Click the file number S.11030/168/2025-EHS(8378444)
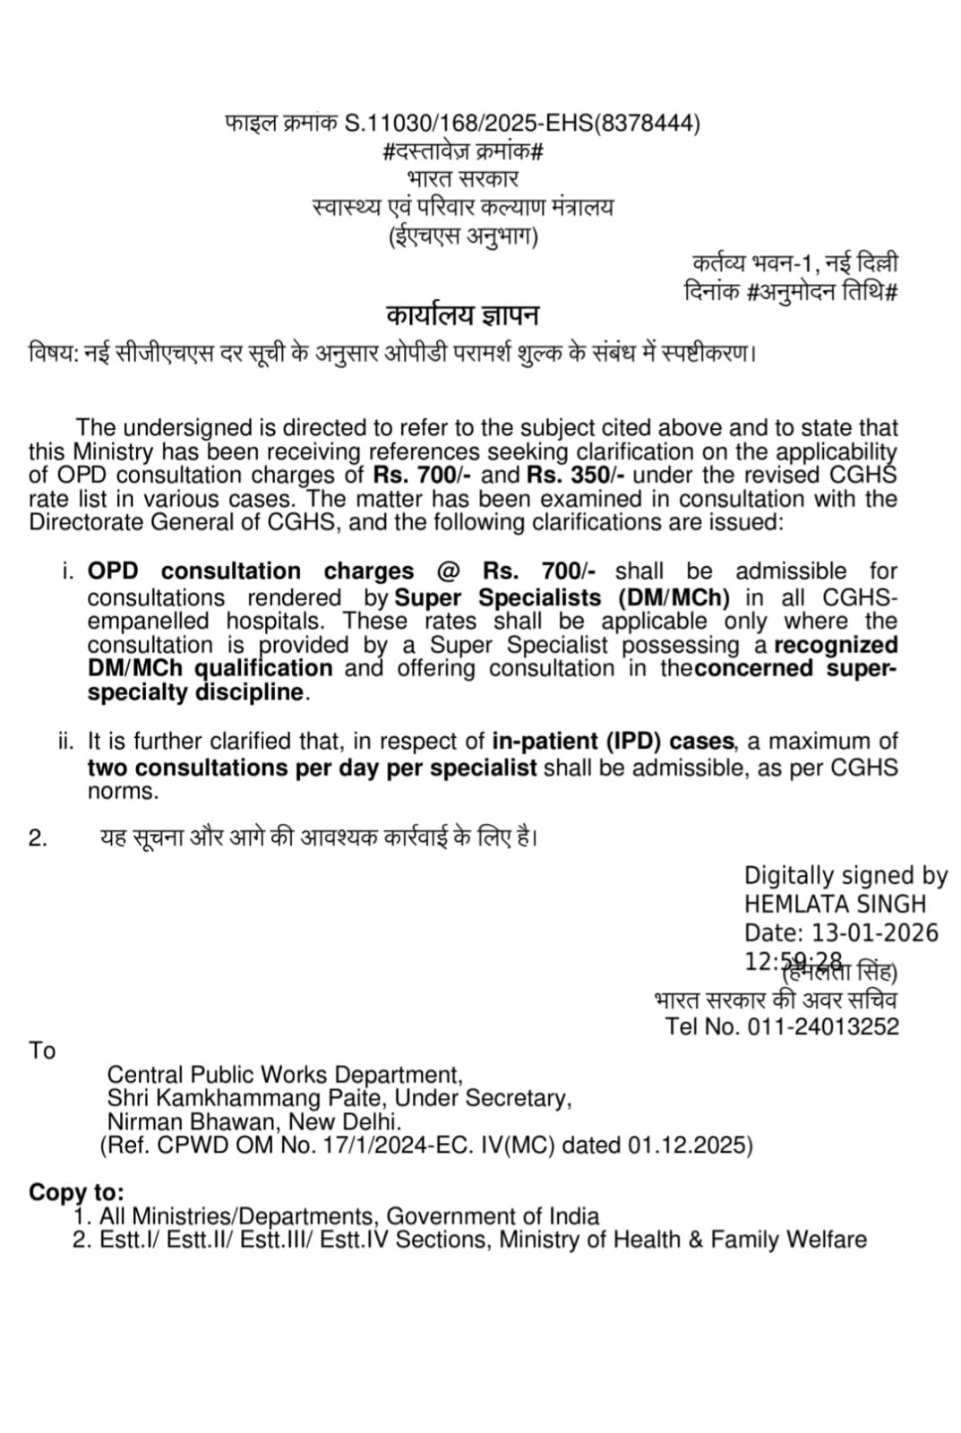pos(522,123)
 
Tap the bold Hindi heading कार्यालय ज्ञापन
pos(462,316)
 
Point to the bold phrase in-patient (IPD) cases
pos(613,742)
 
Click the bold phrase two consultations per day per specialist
pos(312,768)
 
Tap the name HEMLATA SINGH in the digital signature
pos(835,905)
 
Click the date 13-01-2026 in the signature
pos(875,933)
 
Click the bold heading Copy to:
pos(76,1193)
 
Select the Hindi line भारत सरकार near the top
pos(462,179)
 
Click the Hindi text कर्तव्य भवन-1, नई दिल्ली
pos(794,264)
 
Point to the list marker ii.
pos(66,742)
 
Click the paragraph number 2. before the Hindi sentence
pos(39,838)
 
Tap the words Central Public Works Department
pos(284,1075)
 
